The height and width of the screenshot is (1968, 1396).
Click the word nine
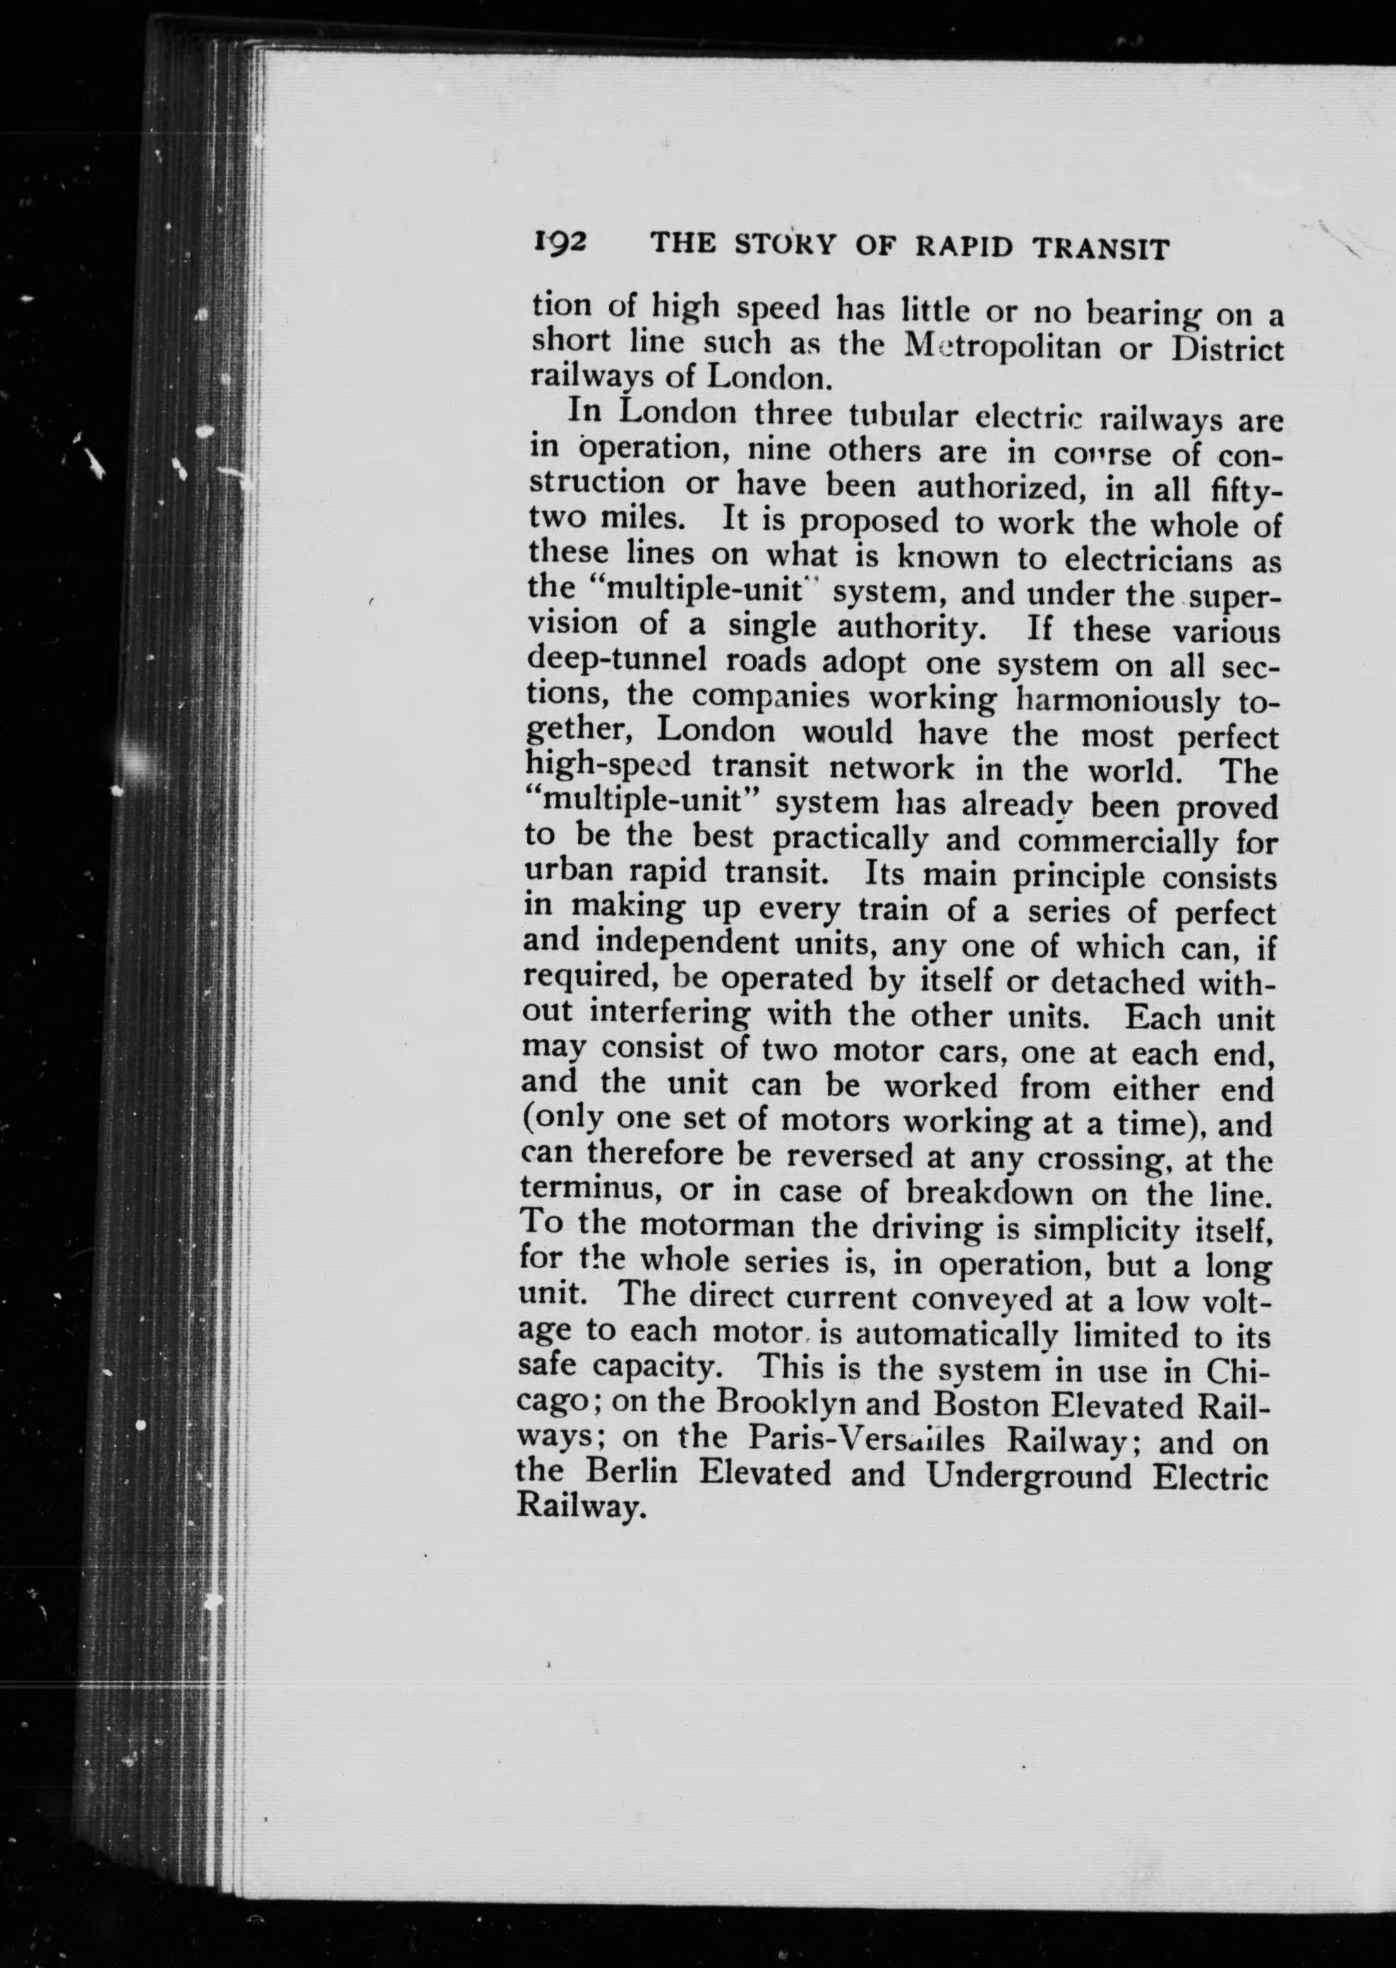pyautogui.click(x=776, y=449)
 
